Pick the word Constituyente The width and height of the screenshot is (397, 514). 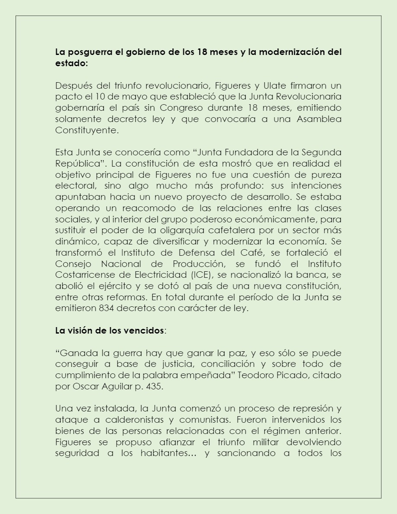[86, 130]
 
